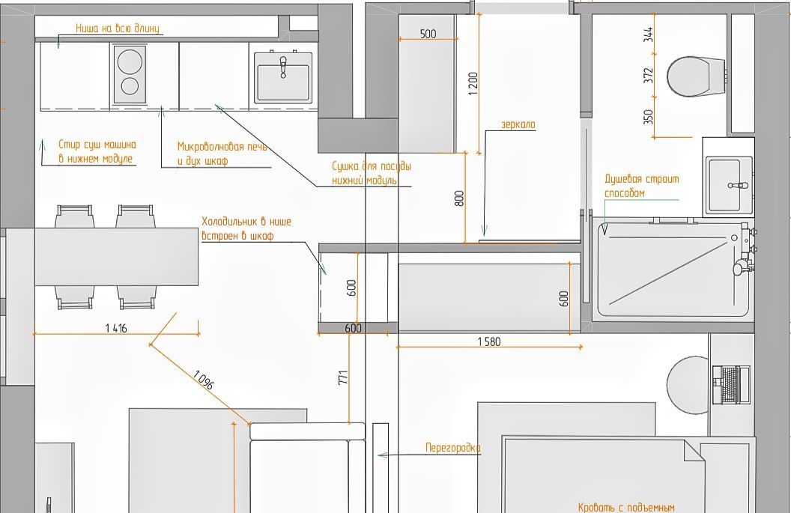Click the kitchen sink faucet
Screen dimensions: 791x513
[x=283, y=67]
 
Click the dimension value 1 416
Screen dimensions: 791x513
[x=116, y=328]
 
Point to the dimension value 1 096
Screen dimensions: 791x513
[x=203, y=380]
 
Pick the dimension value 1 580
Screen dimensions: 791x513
[x=489, y=342]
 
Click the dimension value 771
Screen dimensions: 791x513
[x=343, y=377]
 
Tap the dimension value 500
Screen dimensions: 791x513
[x=428, y=34]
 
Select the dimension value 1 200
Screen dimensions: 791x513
[x=473, y=84]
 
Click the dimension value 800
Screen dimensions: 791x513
[x=458, y=198]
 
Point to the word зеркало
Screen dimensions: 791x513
[x=518, y=124]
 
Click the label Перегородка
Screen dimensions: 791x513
[x=453, y=448]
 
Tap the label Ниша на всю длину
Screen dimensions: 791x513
[x=117, y=28]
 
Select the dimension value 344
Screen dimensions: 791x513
[x=648, y=34]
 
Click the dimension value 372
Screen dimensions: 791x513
[x=648, y=75]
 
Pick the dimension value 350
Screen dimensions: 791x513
[x=648, y=117]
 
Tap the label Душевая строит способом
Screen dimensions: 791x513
[x=642, y=186]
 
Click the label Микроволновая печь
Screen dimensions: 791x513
[x=222, y=146]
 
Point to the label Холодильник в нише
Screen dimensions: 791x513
[x=246, y=222]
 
